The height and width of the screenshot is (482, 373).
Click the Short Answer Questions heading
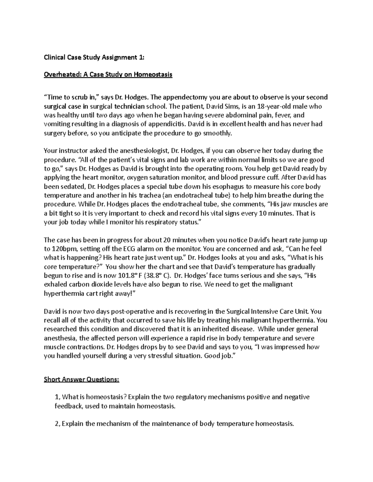pyautogui.click(x=81, y=379)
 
